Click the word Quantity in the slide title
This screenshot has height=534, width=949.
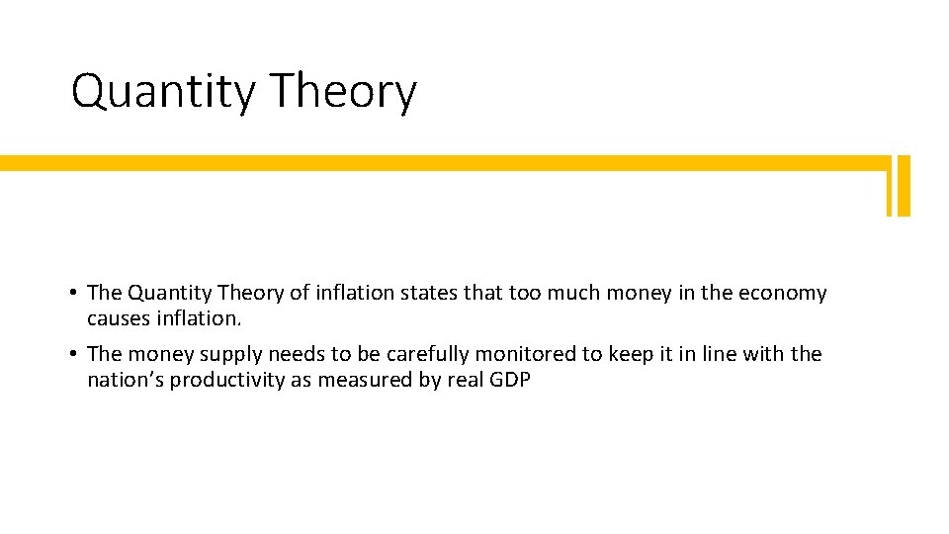coord(163,92)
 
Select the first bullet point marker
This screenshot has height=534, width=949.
coord(75,294)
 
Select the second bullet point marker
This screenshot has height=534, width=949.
coord(75,355)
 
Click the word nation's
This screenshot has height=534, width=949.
coord(125,381)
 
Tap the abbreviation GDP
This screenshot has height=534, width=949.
coord(510,381)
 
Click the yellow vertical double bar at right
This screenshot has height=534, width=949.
coord(898,185)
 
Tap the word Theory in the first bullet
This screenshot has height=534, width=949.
coord(242,294)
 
